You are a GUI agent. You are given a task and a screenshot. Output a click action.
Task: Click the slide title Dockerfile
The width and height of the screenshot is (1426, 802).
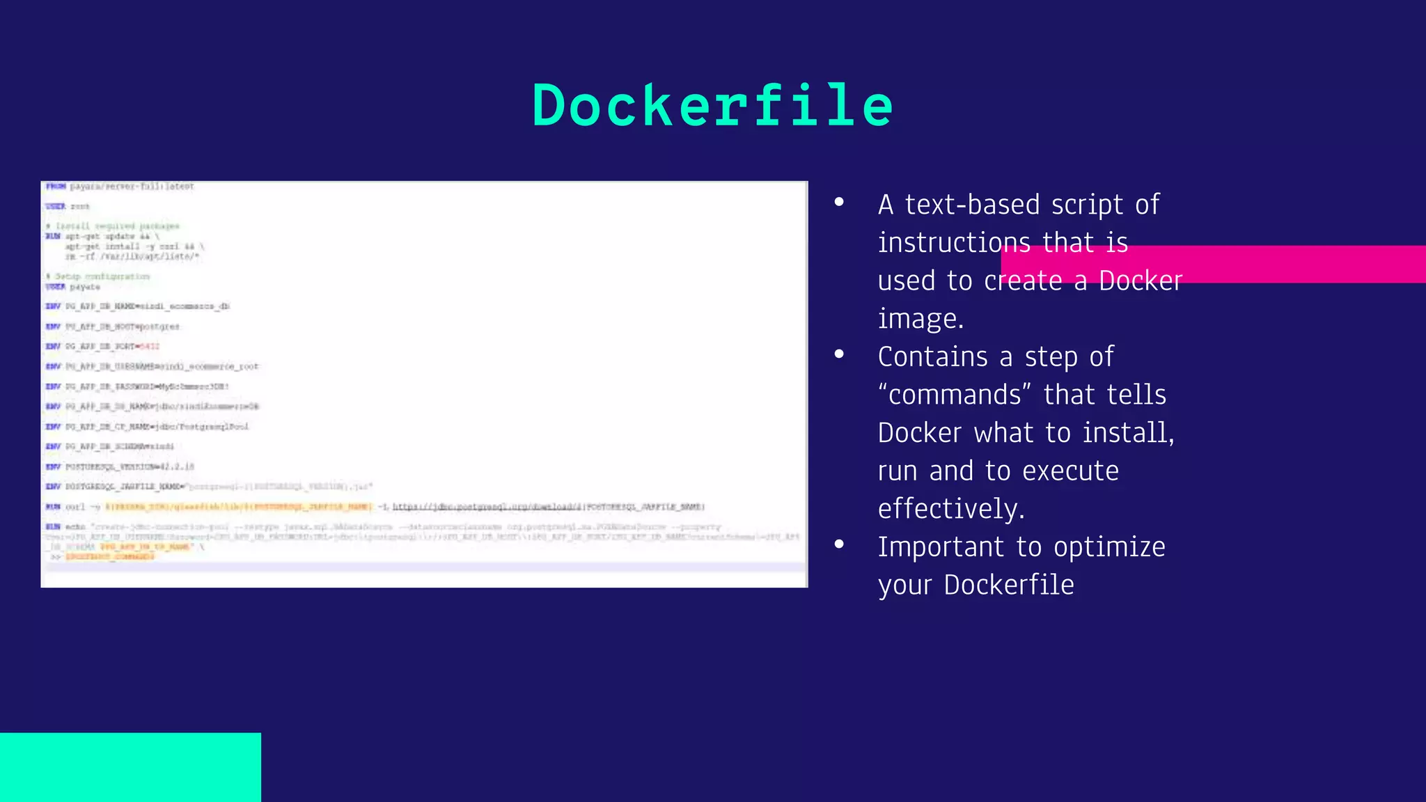point(712,106)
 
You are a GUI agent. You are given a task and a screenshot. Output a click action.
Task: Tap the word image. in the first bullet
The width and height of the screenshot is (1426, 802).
point(920,320)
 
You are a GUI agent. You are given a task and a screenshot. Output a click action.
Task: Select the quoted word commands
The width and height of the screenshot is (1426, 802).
point(955,395)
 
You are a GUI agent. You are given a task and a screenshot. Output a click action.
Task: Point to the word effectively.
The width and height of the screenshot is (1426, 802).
point(951,509)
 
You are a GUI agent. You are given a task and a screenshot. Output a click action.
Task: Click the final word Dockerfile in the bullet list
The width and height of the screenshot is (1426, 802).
point(1009,585)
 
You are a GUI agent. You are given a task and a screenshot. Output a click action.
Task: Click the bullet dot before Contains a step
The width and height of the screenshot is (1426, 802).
point(839,354)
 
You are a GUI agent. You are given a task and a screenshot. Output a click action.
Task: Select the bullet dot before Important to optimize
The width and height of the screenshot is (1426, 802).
point(839,544)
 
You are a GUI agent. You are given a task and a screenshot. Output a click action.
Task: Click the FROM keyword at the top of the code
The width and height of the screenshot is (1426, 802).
point(56,187)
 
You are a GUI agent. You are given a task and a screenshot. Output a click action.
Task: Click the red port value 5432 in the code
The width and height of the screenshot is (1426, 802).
point(149,347)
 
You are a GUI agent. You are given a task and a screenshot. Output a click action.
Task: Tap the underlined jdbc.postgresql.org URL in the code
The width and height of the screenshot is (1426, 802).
point(487,507)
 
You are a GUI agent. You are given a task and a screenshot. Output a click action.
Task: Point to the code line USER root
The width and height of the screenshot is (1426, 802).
point(68,207)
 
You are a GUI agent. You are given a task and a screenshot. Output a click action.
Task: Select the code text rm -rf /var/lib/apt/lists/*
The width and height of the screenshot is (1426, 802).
point(132,257)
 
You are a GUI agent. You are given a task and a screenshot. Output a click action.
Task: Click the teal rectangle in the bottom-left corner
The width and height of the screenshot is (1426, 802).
point(130,766)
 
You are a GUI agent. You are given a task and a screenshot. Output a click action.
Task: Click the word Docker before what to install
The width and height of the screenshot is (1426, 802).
point(919,433)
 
